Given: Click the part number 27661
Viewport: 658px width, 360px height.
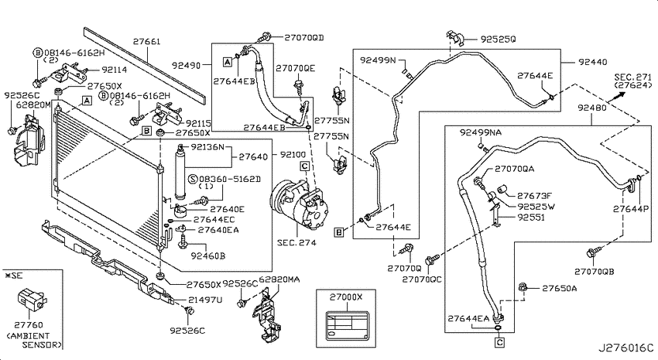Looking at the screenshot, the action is click(147, 42).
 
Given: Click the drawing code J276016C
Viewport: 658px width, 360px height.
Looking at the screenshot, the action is click(625, 348).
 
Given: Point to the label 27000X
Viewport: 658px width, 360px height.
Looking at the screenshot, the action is click(346, 297).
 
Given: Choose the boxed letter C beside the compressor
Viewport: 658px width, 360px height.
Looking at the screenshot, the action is click(305, 166).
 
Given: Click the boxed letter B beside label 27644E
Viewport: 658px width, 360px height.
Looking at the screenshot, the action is click(339, 231).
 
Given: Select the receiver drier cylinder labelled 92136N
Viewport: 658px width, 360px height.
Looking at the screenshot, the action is click(181, 172).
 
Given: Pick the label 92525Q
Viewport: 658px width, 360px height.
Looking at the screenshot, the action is click(498, 39).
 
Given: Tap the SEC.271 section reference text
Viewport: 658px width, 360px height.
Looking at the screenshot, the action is click(632, 77).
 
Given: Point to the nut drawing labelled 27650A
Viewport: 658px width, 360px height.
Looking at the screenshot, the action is click(523, 287).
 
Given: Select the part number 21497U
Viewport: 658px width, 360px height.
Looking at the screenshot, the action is click(205, 300).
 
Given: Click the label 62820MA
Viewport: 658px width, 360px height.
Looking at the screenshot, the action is click(279, 279).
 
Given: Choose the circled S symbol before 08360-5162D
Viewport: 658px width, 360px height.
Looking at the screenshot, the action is click(193, 179).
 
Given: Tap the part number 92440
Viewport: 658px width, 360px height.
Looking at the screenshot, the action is click(592, 62).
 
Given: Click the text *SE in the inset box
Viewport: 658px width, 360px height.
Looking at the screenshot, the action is click(14, 276).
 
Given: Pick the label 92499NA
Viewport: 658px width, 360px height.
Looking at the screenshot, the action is click(481, 132).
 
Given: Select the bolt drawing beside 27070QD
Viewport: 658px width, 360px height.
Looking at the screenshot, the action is click(266, 37).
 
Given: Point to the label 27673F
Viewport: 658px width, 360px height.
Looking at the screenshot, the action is click(534, 196).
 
